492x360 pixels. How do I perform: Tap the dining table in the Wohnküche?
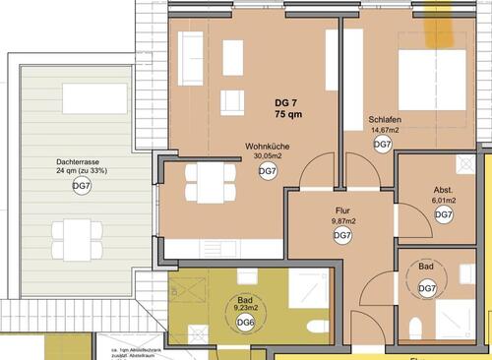[211, 182]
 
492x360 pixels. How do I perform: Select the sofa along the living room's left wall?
[191, 59]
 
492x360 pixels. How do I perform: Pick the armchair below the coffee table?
[232, 101]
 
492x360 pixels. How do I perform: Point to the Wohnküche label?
[267, 146]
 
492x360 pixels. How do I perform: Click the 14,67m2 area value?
[386, 129]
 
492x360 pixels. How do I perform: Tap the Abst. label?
[444, 190]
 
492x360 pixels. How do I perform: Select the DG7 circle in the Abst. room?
[444, 214]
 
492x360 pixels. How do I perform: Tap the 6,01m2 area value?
[444, 201]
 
